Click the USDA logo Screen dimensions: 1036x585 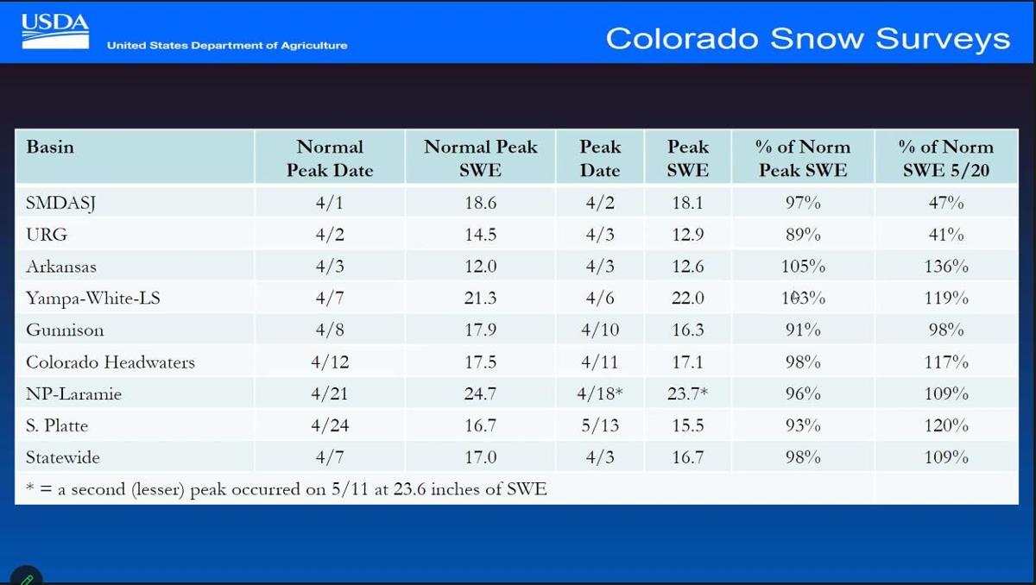(x=55, y=31)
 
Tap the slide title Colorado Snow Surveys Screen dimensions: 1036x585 (x=807, y=38)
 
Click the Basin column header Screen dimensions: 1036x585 (x=50, y=147)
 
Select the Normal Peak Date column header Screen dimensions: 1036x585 (x=330, y=159)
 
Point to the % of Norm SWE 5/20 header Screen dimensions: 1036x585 (x=946, y=159)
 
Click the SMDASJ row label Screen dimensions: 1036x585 (x=60, y=203)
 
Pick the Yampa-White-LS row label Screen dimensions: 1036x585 (x=93, y=298)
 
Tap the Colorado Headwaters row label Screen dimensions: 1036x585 (x=111, y=362)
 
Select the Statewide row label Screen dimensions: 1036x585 (x=63, y=457)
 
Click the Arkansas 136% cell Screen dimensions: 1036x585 (x=946, y=266)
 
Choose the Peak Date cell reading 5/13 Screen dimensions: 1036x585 (x=600, y=425)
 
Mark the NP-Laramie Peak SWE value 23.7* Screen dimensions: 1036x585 (x=688, y=393)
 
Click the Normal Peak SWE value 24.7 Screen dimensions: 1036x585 (x=480, y=393)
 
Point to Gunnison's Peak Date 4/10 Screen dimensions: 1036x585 (x=600, y=330)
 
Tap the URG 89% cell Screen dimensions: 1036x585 (x=803, y=235)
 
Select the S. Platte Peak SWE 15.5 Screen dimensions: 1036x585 (x=688, y=425)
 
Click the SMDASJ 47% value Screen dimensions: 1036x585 (x=946, y=203)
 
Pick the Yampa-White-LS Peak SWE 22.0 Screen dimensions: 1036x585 (x=688, y=298)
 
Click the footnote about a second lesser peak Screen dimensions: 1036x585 (x=287, y=489)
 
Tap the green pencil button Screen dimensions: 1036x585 (x=27, y=577)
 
